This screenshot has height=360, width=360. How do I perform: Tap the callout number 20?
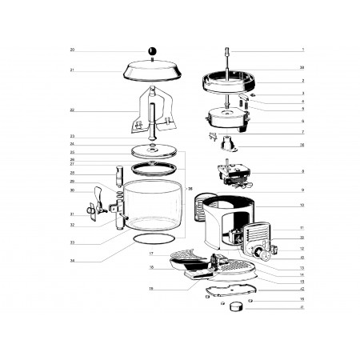point(72,50)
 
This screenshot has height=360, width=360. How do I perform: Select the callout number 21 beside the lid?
point(72,70)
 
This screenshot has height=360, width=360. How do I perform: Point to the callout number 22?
point(72,110)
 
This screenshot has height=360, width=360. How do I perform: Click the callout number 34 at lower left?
point(72,261)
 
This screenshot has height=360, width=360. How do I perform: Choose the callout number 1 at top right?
point(280,50)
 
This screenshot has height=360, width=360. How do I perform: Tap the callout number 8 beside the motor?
point(280,172)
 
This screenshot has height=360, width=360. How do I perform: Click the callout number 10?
point(280,206)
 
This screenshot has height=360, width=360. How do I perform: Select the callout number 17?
point(151,254)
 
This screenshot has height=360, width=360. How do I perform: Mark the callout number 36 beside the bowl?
point(190,188)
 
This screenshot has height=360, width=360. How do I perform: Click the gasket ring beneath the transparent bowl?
point(152,242)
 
